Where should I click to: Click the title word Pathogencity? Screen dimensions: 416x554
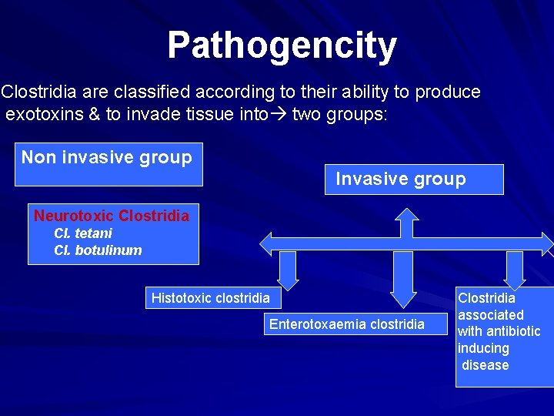282,46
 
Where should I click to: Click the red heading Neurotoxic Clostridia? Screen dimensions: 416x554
112,216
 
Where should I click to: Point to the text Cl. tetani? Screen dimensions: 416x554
83,233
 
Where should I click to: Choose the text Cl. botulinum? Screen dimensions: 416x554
98,250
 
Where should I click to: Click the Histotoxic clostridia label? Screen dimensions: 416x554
211,298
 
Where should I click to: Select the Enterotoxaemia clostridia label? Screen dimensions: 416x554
346,324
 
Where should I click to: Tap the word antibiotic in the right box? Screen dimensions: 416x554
513,331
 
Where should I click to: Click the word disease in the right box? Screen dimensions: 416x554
486,365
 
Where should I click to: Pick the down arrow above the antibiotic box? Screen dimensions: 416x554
514,270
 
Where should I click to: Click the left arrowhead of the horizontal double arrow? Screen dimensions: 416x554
268,243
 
